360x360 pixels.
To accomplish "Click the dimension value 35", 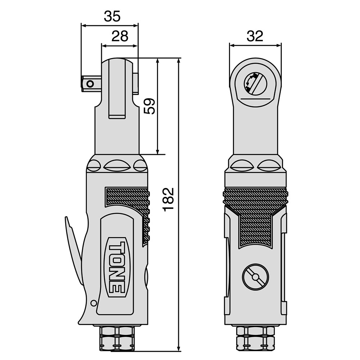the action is (112, 17).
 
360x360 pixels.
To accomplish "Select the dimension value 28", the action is (120, 36).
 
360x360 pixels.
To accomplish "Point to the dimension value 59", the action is (149, 106).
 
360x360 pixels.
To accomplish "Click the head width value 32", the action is (255, 36).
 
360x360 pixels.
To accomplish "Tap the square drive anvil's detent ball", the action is (90, 84).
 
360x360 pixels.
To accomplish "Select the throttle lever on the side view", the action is (73, 250).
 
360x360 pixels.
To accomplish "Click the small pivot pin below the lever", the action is (94, 303).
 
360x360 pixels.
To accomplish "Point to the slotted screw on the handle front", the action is (255, 277).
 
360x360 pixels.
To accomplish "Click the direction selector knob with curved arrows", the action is (255, 84).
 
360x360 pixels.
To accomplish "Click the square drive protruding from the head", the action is (91, 84).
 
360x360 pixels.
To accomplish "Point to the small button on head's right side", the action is (136, 84).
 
